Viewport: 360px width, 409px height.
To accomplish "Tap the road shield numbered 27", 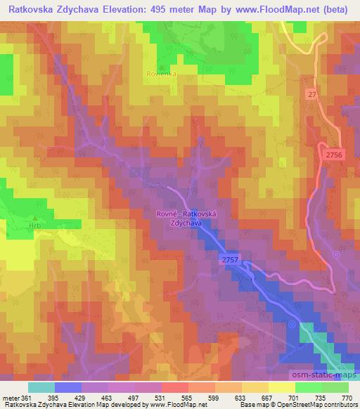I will [x=312, y=93].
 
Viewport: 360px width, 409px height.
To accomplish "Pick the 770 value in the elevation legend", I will [x=346, y=398].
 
